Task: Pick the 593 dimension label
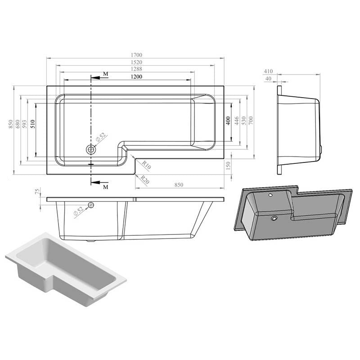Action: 25,125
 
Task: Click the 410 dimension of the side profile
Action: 269,71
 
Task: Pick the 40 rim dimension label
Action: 269,79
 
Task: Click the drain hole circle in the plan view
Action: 91,149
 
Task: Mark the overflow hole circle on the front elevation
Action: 91,205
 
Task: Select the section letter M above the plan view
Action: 105,74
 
